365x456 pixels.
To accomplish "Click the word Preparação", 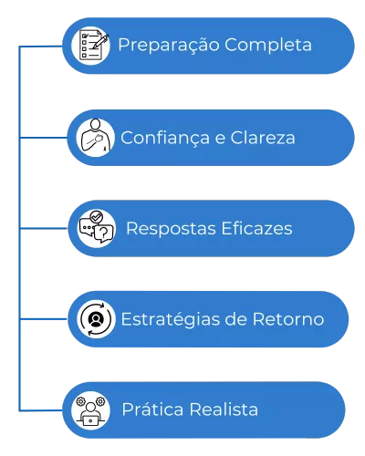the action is pyautogui.click(x=169, y=46).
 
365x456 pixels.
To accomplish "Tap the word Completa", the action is pyautogui.click(x=268, y=46).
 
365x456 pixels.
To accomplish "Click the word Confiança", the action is pyautogui.click(x=165, y=139).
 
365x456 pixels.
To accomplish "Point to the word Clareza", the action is pyautogui.click(x=263, y=138).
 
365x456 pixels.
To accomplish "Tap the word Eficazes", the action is pyautogui.click(x=256, y=228).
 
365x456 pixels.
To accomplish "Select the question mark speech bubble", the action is pyautogui.click(x=103, y=233).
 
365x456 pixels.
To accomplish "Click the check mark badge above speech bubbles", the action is pyautogui.click(x=97, y=217).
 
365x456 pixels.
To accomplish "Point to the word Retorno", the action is pyautogui.click(x=288, y=319).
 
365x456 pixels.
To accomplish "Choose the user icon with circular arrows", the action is pyautogui.click(x=96, y=319).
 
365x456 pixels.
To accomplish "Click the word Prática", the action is pyautogui.click(x=152, y=409).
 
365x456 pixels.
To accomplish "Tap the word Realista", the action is pyautogui.click(x=224, y=409).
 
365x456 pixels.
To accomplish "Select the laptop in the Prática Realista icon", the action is pyautogui.click(x=90, y=420).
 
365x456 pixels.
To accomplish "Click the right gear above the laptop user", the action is pyautogui.click(x=100, y=401).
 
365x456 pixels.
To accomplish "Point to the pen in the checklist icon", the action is pyautogui.click(x=100, y=42).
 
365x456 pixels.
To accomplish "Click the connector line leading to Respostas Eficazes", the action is pyautogui.click(x=44, y=228).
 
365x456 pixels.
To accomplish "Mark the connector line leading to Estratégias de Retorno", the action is pyautogui.click(x=44, y=319).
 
